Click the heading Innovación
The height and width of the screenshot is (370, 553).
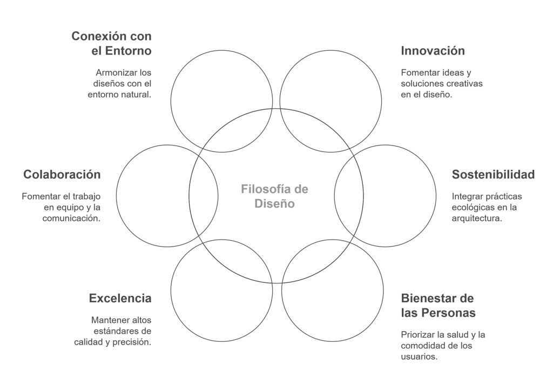coord(433,51)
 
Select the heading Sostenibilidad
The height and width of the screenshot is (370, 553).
coord(493,175)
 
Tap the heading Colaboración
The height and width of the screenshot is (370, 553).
coord(62,175)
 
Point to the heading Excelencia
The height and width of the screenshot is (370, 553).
coord(120,298)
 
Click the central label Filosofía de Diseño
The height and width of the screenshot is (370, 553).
coord(274,196)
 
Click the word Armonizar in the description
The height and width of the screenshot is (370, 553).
coord(113,72)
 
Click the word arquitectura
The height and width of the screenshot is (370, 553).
coord(476,219)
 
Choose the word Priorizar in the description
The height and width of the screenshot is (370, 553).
coord(419,335)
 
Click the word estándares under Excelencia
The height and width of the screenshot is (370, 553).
coord(115,331)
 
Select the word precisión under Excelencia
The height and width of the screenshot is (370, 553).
coord(132,342)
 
